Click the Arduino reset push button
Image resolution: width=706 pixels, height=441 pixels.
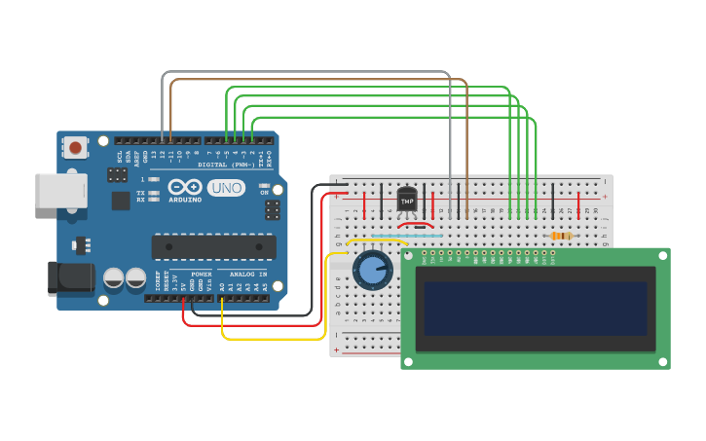(x=75, y=147)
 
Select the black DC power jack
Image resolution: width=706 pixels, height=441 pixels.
(x=71, y=278)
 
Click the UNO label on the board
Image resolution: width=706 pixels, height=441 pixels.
(x=226, y=187)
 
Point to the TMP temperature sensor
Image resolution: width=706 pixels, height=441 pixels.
(x=407, y=198)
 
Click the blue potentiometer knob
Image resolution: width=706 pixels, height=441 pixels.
(x=373, y=270)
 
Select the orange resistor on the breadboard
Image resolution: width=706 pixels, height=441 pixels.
(x=560, y=236)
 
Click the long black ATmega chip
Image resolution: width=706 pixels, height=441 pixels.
(x=213, y=246)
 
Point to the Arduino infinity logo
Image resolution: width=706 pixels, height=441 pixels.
(x=184, y=186)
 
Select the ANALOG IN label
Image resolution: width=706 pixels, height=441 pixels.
(x=247, y=275)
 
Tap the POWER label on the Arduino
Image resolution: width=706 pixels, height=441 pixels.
(x=202, y=275)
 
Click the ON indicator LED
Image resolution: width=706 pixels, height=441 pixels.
(x=264, y=185)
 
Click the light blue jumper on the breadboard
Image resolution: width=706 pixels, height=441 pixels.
(x=421, y=235)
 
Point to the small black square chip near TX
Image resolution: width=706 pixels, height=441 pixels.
(x=121, y=201)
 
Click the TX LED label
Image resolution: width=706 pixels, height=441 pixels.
(x=140, y=193)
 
